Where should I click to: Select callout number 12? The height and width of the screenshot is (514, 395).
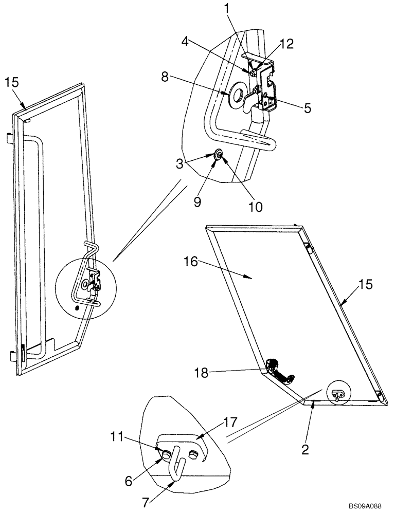tap(286, 44)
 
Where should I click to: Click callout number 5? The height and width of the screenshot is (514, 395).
tap(308, 108)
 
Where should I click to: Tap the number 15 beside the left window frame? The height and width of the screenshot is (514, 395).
tap(12, 83)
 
